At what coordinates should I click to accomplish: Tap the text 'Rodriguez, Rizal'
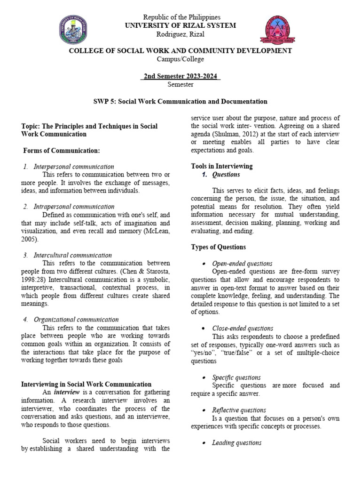pyautogui.click(x=181, y=34)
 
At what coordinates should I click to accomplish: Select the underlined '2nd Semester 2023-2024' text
pyautogui.click(x=180, y=76)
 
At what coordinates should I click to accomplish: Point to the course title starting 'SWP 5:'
pyautogui.click(x=180, y=101)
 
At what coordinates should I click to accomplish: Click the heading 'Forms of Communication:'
pyautogui.click(x=62, y=151)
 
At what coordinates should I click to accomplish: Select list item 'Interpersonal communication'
pyautogui.click(x=74, y=167)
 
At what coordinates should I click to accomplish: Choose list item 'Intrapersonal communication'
pyautogui.click(x=74, y=206)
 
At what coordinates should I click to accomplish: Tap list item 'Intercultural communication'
pyautogui.click(x=73, y=255)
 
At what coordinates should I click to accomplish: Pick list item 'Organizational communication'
pyautogui.click(x=76, y=320)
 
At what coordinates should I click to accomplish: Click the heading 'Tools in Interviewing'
pyautogui.click(x=221, y=166)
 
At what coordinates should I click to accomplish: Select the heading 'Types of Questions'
pyautogui.click(x=218, y=247)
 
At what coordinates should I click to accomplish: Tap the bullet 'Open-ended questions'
pyautogui.click(x=242, y=264)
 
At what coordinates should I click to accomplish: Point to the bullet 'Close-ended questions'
pyautogui.click(x=243, y=328)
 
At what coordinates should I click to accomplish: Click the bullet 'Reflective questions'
pyautogui.click(x=239, y=410)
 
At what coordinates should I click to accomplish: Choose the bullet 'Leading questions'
pyautogui.click(x=236, y=442)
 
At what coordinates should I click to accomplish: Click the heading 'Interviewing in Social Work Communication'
pyautogui.click(x=86, y=385)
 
